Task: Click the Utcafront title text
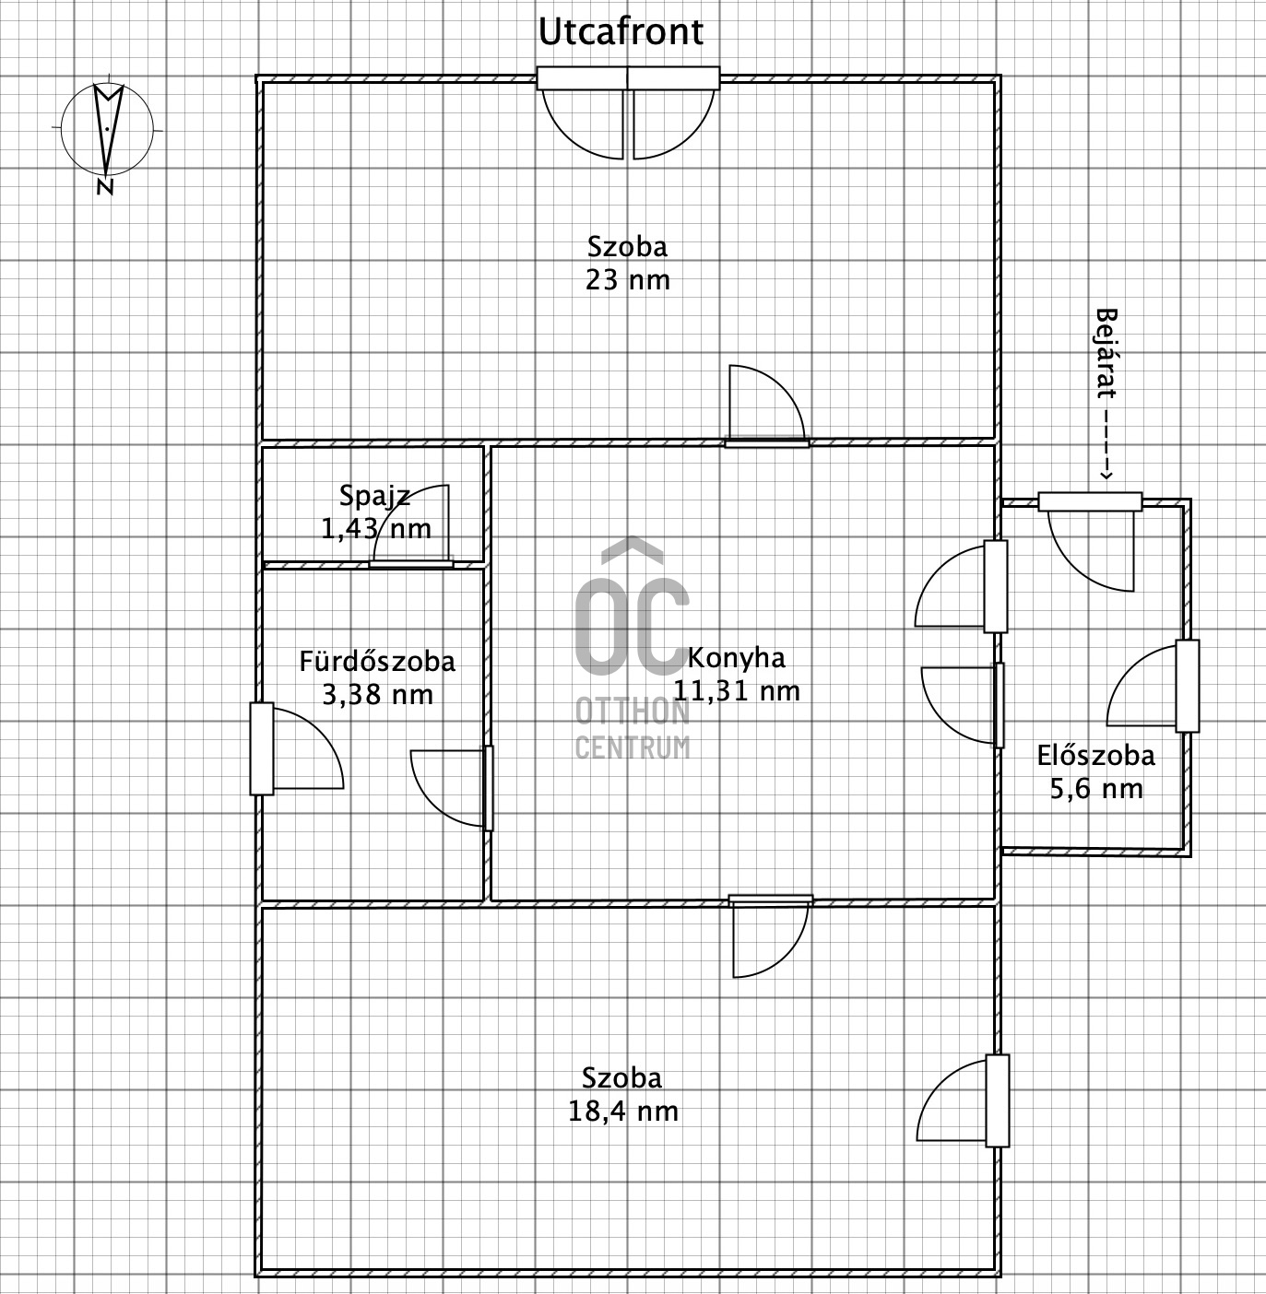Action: (621, 32)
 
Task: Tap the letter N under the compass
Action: (104, 187)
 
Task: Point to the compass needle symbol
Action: (107, 129)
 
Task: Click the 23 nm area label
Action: (627, 280)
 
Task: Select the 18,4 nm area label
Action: (622, 1112)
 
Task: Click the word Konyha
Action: (736, 658)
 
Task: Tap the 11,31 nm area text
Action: (737, 691)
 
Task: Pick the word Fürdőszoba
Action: (377, 661)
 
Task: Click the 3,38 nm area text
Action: (377, 695)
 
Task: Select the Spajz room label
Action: (374, 496)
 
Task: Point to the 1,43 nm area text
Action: (376, 529)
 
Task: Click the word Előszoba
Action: (1095, 756)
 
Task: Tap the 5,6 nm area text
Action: (1096, 789)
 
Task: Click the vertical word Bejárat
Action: (1106, 353)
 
